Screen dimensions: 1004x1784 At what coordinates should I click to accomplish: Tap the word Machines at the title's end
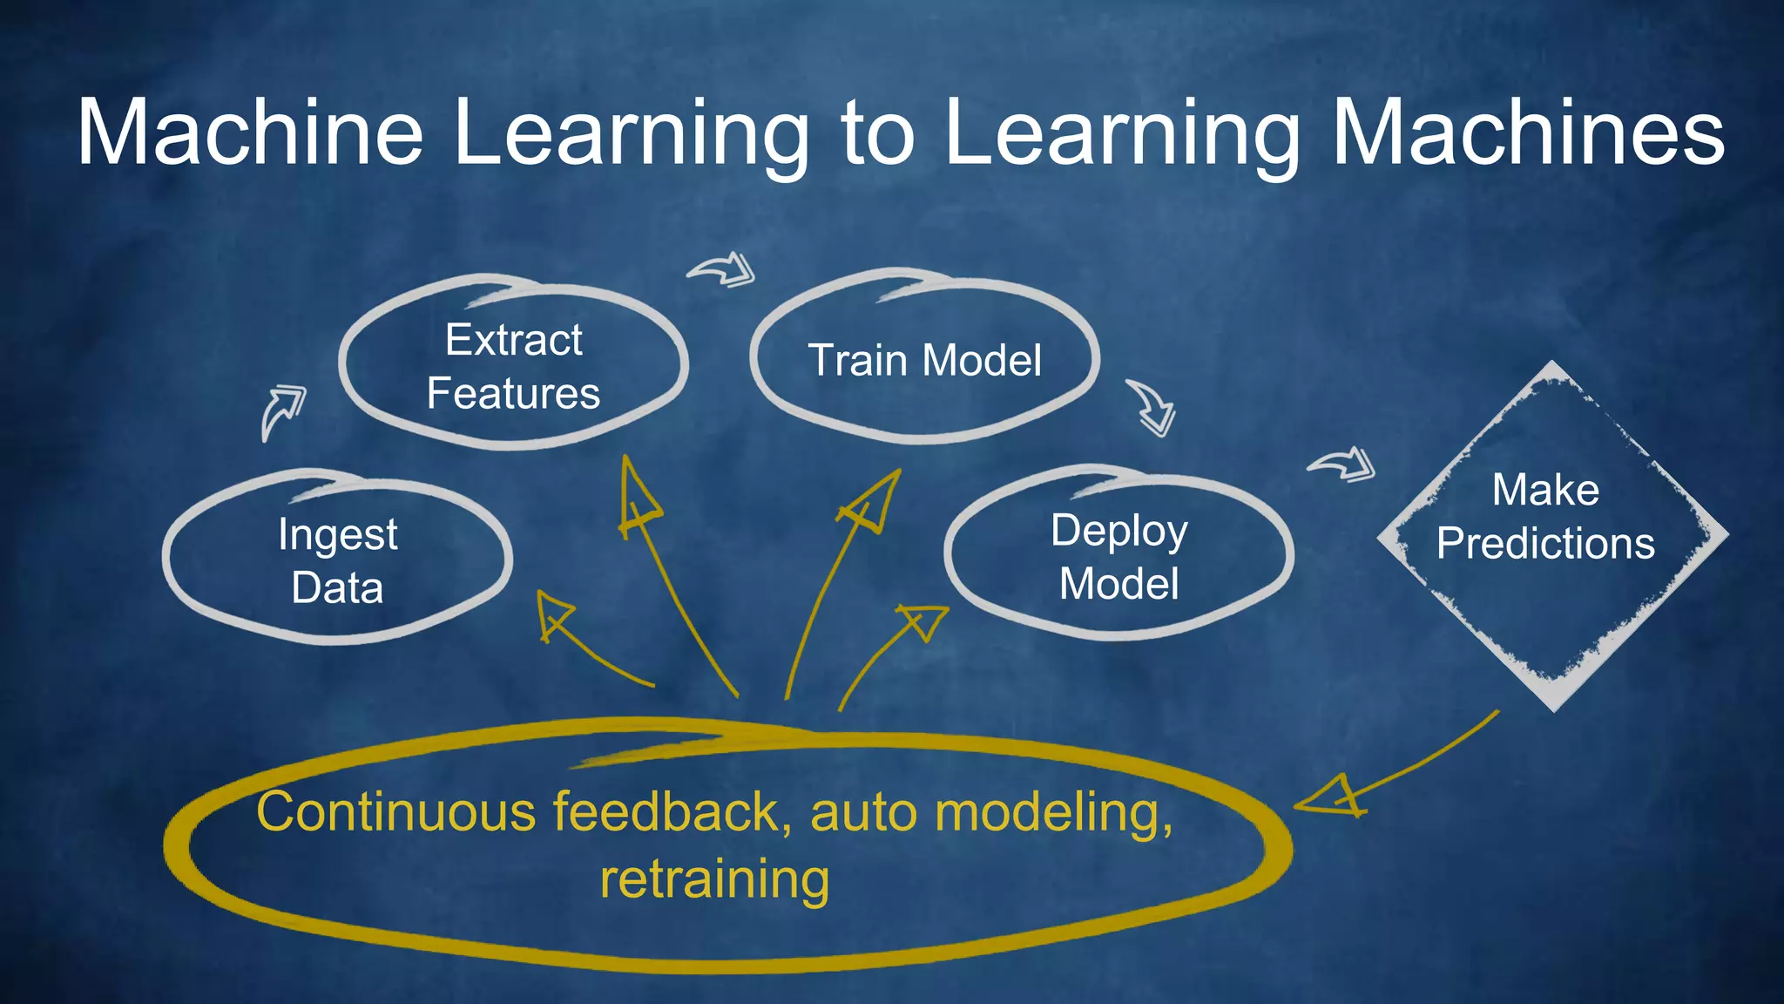coord(1528,132)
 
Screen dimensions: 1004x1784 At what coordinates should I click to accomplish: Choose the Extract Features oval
coord(513,366)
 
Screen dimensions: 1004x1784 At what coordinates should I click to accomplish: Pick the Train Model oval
coord(924,360)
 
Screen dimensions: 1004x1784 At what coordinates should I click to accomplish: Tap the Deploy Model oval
coord(1118,556)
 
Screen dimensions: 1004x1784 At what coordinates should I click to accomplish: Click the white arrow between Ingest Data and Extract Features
coord(282,410)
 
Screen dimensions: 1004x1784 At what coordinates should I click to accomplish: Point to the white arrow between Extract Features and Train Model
coord(723,269)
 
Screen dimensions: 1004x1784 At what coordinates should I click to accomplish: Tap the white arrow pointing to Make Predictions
coord(1344,463)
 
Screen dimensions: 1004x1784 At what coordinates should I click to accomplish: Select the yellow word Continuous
coord(396,812)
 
